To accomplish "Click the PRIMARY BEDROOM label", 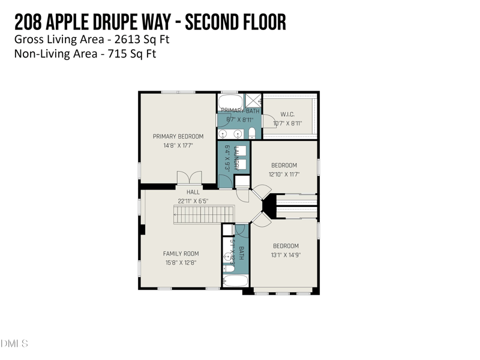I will coord(178,136).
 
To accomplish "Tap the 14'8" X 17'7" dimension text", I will coord(178,145).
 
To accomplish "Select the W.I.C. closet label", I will coord(287,115).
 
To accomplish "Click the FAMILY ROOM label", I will coord(181,254).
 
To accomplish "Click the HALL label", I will coord(193,192).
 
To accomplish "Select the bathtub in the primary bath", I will coord(230,100).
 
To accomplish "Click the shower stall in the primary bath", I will coord(253,100).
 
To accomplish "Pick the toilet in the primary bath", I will coord(253,133).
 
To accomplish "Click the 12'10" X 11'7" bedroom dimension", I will coord(284,175).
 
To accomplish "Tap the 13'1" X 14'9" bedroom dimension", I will coord(286,254).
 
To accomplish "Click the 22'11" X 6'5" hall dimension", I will coord(193,201).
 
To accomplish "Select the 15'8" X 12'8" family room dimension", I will coord(181,263).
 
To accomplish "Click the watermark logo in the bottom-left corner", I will coord(14,343).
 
